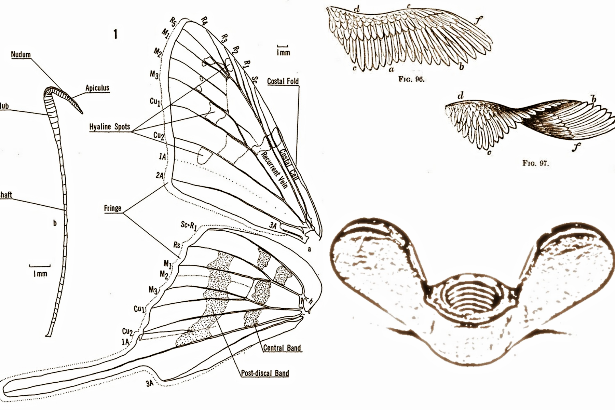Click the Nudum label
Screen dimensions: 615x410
pyautogui.click(x=21, y=55)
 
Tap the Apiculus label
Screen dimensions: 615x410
pyautogui.click(x=97, y=88)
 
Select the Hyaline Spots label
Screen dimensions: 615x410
pyautogui.click(x=110, y=127)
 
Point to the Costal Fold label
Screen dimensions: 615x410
pyautogui.click(x=283, y=81)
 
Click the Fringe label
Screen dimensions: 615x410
pyautogui.click(x=113, y=208)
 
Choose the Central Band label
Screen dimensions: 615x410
pyautogui.click(x=282, y=348)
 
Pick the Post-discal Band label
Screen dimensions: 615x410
pyautogui.click(x=265, y=373)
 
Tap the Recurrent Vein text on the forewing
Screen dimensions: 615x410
pyautogui.click(x=274, y=169)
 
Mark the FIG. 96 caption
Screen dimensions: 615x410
pyautogui.click(x=411, y=80)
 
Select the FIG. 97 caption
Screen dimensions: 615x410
pyautogui.click(x=535, y=163)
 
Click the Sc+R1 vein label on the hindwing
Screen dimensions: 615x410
pyautogui.click(x=189, y=225)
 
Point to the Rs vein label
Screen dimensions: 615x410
pyautogui.click(x=177, y=245)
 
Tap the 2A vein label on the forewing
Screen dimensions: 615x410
pyautogui.click(x=160, y=175)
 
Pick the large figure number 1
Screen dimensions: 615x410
pyautogui.click(x=115, y=34)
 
